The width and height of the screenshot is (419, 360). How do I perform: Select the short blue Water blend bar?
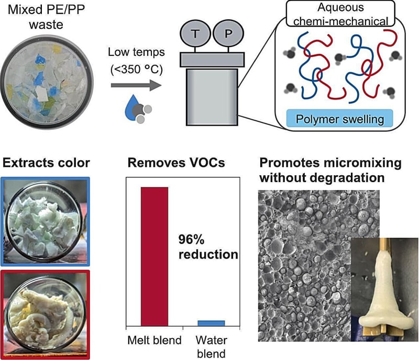[x=211, y=323]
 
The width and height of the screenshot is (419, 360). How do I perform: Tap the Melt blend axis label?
[x=155, y=340]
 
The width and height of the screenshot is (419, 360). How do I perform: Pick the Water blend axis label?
[x=212, y=346]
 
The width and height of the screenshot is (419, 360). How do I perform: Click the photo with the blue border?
[x=47, y=221]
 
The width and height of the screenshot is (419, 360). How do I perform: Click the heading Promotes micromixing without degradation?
[x=330, y=171]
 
